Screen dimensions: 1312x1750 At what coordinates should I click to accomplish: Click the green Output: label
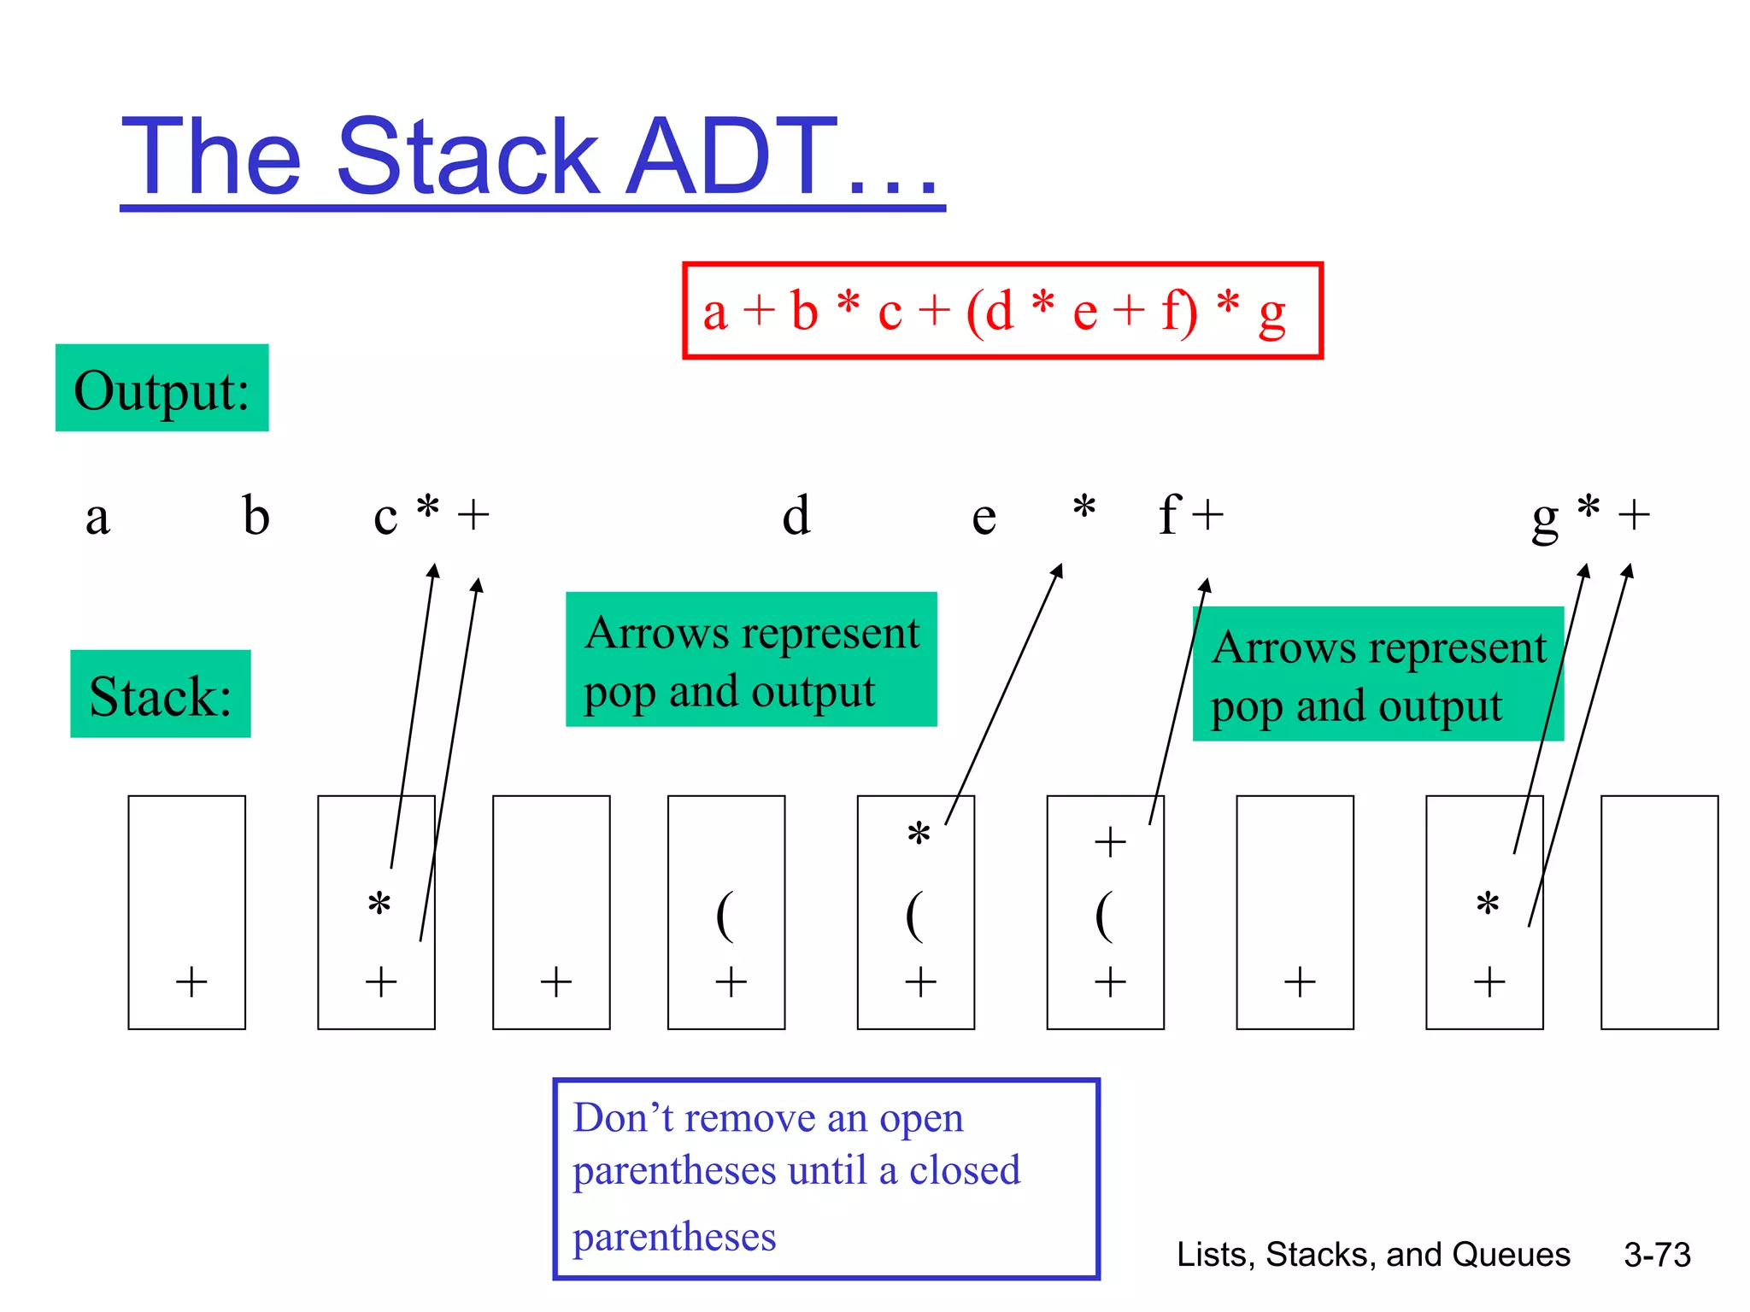[x=161, y=389]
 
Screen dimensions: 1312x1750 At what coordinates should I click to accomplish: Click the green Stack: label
[x=160, y=694]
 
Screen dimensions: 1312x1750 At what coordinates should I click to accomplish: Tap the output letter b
[x=255, y=515]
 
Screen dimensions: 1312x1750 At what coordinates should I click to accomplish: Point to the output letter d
[x=796, y=515]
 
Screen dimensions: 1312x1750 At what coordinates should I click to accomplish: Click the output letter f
[x=1169, y=513]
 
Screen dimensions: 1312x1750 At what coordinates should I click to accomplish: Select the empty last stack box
[x=1659, y=912]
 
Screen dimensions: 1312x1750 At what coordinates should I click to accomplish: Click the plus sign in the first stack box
[x=191, y=981]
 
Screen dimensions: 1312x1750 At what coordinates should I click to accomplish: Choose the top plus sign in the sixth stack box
[x=1110, y=842]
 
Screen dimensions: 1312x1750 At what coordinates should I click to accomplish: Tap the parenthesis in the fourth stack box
[x=725, y=916]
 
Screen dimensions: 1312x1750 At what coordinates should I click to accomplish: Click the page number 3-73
[x=1657, y=1255]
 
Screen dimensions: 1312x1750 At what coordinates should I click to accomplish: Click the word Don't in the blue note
[x=623, y=1118]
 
